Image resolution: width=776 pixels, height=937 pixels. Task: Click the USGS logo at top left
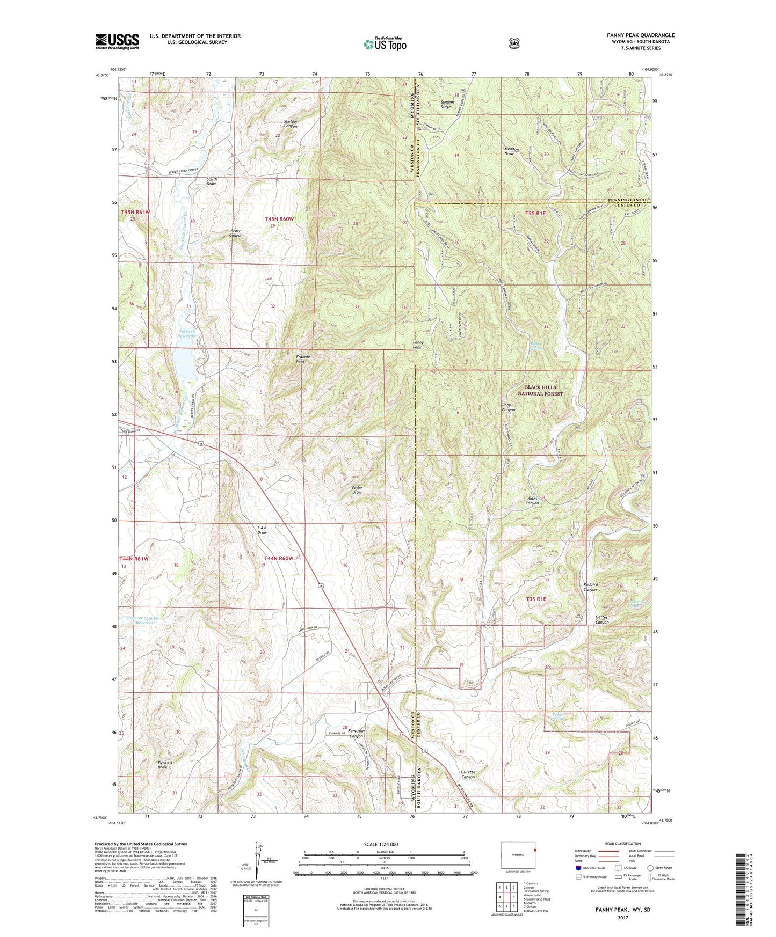pyautogui.click(x=117, y=41)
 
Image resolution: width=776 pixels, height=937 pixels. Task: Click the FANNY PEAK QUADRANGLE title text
pyautogui.click(x=641, y=35)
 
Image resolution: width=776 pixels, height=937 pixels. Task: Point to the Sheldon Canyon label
pyautogui.click(x=294, y=124)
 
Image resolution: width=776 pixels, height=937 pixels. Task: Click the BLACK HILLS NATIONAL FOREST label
pyautogui.click(x=540, y=390)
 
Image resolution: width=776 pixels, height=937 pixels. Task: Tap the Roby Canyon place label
pyautogui.click(x=509, y=407)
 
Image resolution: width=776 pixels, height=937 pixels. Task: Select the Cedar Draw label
pyautogui.click(x=357, y=490)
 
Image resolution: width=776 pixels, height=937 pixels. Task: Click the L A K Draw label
pyautogui.click(x=262, y=530)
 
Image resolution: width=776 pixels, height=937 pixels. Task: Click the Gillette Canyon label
pyautogui.click(x=468, y=774)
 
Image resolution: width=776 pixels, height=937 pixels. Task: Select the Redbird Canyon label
pyautogui.click(x=590, y=587)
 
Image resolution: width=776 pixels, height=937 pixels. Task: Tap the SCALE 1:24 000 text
pyautogui.click(x=381, y=844)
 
